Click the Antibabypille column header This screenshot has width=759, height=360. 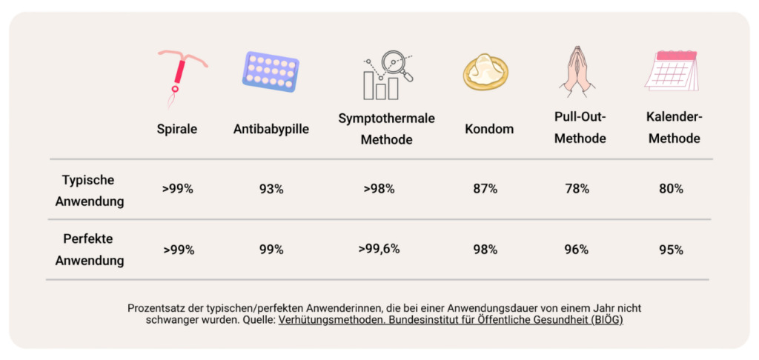pyautogui.click(x=271, y=130)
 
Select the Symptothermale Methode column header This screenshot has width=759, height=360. pyautogui.click(x=386, y=129)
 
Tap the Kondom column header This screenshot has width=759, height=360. pyautogui.click(x=489, y=130)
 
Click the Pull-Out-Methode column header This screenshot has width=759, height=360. pyautogui.click(x=580, y=128)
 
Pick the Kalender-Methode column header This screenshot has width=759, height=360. pyautogui.click(x=675, y=128)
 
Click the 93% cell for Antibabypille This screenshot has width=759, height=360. pyautogui.click(x=271, y=189)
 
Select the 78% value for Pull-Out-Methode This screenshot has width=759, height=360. pyautogui.click(x=577, y=189)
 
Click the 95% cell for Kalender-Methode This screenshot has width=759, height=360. pyautogui.click(x=671, y=250)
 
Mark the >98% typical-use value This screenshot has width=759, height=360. pyautogui.click(x=379, y=189)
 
